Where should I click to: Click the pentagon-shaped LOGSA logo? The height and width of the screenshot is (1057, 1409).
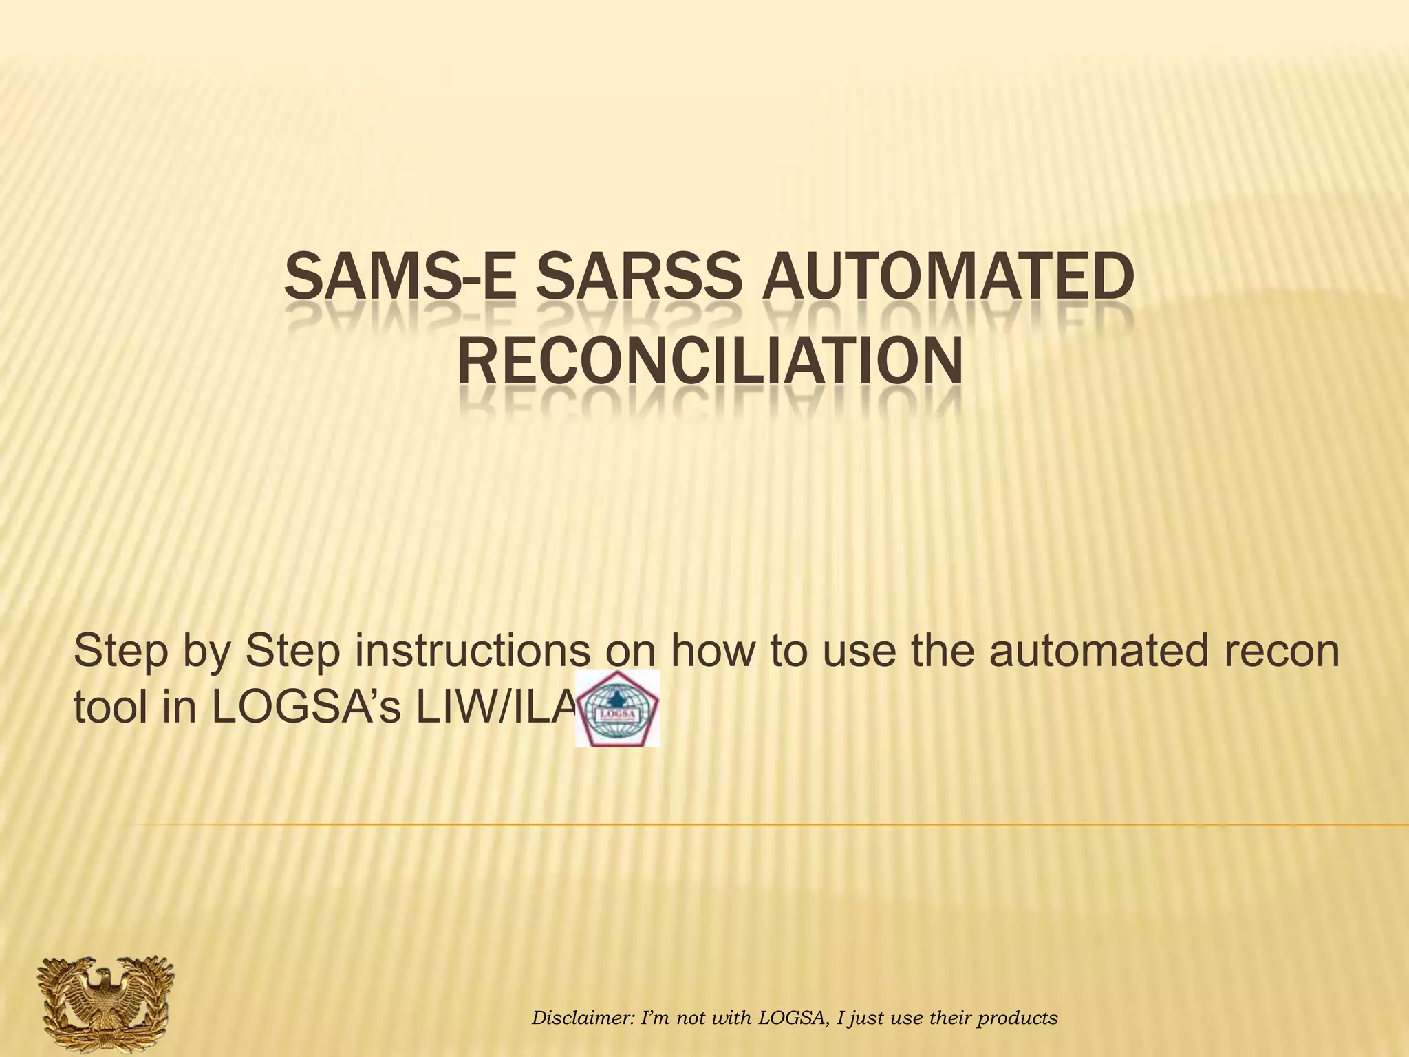(617, 709)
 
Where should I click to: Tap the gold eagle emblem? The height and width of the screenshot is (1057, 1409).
(105, 1004)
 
